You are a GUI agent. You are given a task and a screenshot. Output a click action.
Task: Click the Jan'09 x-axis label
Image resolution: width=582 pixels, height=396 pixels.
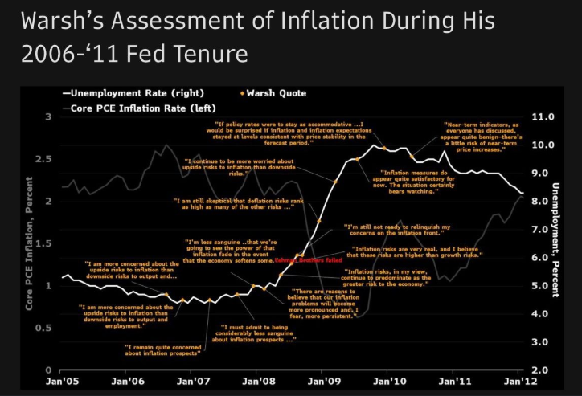coord(322,380)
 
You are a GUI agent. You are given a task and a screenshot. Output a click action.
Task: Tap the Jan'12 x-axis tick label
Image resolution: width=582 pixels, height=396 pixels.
coord(517,380)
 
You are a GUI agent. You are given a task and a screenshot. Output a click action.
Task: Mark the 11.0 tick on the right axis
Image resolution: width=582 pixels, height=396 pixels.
coord(543,116)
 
